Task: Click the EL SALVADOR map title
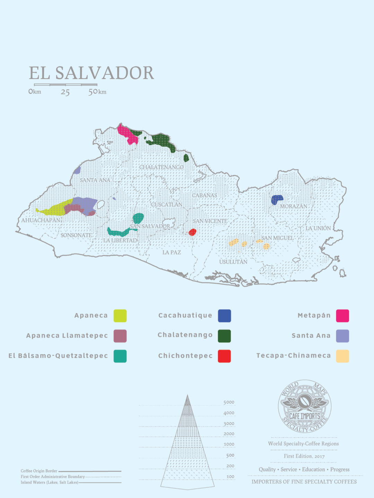pyautogui.click(x=91, y=73)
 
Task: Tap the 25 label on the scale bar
pyautogui.click(x=65, y=92)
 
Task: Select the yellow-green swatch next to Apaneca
pyautogui.click(x=120, y=316)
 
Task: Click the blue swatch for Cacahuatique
pyautogui.click(x=224, y=316)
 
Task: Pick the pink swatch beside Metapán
pyautogui.click(x=342, y=316)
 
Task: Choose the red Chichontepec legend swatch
pyautogui.click(x=224, y=356)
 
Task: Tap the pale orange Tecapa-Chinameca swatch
pyautogui.click(x=342, y=356)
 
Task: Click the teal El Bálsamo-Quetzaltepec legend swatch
pyautogui.click(x=120, y=356)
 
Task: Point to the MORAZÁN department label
pyautogui.click(x=293, y=206)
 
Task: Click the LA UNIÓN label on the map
pyautogui.click(x=318, y=228)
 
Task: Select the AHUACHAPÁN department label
pyautogui.click(x=41, y=220)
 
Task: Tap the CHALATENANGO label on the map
pyautogui.click(x=161, y=167)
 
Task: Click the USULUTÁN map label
pyautogui.click(x=233, y=262)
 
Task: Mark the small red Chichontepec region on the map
pyautogui.click(x=193, y=232)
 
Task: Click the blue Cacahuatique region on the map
pyautogui.click(x=277, y=199)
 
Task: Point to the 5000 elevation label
pyautogui.click(x=229, y=402)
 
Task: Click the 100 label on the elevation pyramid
pyautogui.click(x=230, y=477)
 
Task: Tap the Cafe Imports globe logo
pyautogui.click(x=304, y=407)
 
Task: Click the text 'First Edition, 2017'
pyautogui.click(x=304, y=456)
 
